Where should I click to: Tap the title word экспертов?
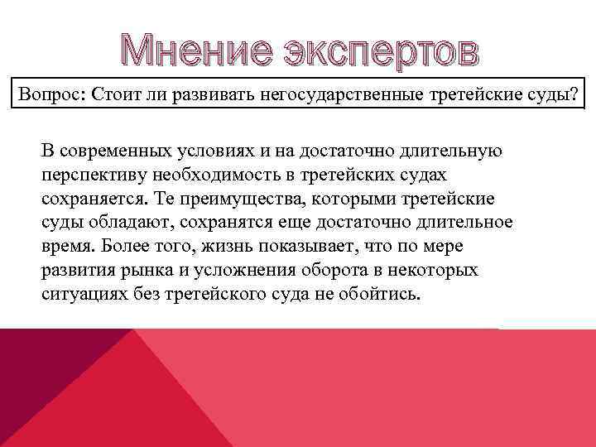click(x=382, y=51)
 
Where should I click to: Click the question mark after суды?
click(x=574, y=94)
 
